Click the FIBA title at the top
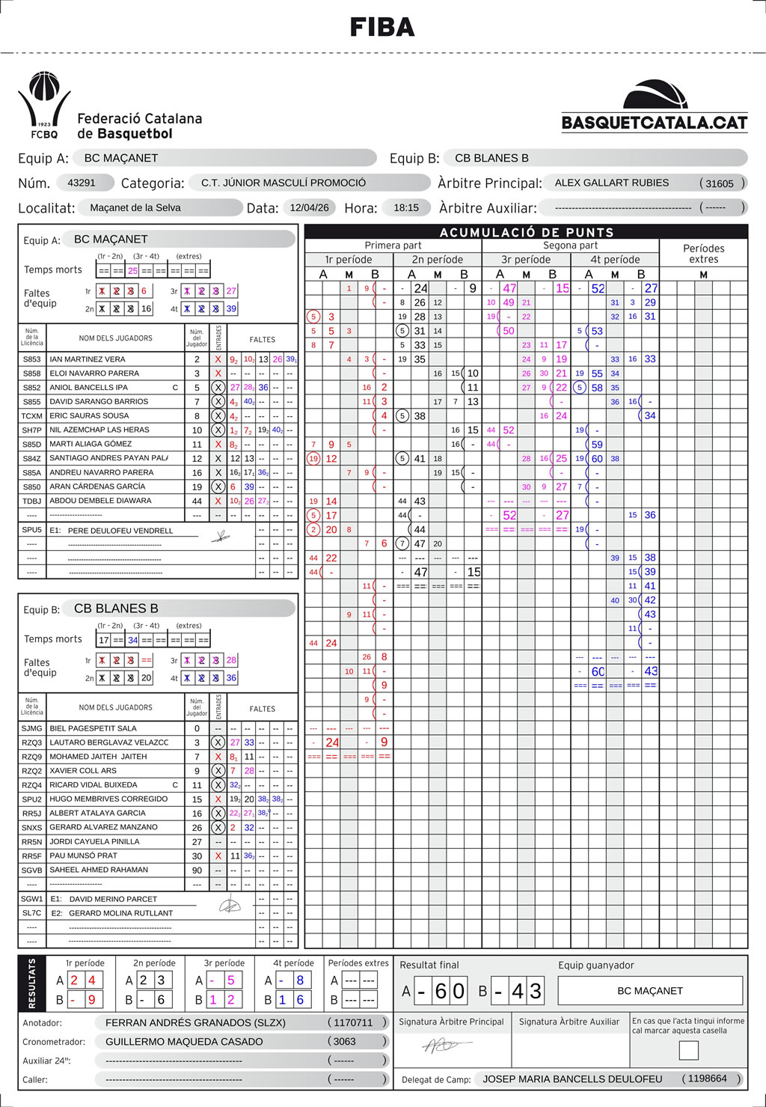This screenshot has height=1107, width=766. coord(382,28)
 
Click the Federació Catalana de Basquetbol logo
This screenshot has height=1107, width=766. coord(111,106)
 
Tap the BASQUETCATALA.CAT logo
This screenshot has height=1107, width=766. coord(655,106)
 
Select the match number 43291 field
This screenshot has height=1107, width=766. coord(82,183)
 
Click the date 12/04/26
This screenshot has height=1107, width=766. coord(309,207)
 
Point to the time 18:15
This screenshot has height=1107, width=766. coord(406,207)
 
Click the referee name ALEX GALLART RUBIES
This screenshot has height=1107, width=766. coord(611,183)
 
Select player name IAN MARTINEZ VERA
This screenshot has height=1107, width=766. coord(88,359)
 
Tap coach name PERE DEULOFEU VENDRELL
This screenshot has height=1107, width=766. coord(120,531)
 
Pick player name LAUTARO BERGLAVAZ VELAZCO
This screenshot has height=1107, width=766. coord(108,742)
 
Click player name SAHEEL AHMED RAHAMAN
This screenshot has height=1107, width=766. coord(99,870)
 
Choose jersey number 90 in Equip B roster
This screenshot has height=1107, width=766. coord(197,870)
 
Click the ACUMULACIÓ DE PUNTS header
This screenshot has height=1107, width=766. coord(527,232)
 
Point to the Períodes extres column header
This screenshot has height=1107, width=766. coord(703,254)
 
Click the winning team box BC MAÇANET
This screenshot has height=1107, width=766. coord(650,990)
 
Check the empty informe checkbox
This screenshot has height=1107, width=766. coord(688,1050)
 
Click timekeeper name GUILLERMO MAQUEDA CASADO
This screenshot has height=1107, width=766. coord(184,1041)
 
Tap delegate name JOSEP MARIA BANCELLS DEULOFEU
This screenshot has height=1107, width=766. coord(572,1079)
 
